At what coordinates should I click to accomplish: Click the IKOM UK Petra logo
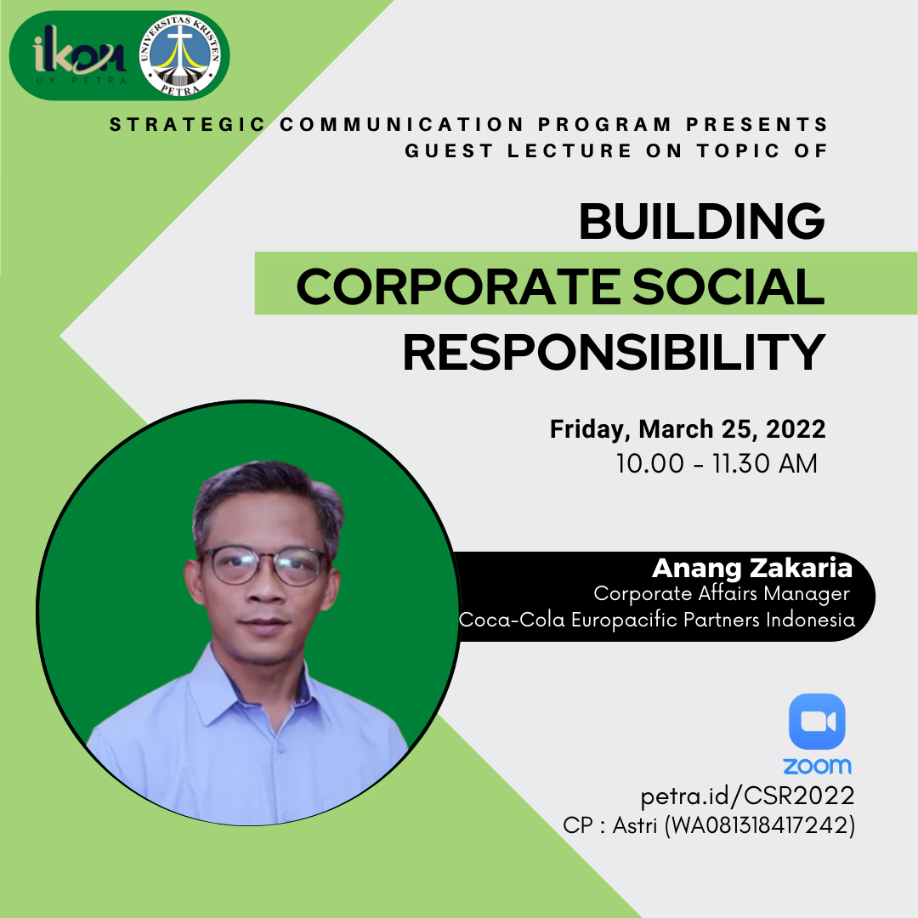tap(80, 56)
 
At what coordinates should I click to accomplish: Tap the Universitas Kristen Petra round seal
tap(179, 55)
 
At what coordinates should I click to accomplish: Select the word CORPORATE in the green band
tap(458, 286)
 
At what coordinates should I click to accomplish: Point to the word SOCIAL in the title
tap(728, 286)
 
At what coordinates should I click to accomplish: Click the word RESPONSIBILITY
tap(615, 353)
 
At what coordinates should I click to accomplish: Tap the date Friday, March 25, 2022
tap(688, 429)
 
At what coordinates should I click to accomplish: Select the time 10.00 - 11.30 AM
tap(717, 464)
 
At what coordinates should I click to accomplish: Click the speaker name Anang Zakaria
tap(752, 568)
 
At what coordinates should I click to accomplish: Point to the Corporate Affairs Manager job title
tap(722, 593)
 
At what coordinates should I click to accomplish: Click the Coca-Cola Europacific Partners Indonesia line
tap(657, 620)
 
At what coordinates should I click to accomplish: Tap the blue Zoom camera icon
tap(817, 722)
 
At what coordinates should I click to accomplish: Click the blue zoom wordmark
tap(818, 766)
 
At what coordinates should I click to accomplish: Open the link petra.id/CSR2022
tap(748, 796)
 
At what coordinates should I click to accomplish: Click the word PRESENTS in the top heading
tap(756, 125)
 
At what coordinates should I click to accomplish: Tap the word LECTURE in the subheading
tap(569, 151)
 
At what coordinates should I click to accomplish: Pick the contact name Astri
tap(635, 825)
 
